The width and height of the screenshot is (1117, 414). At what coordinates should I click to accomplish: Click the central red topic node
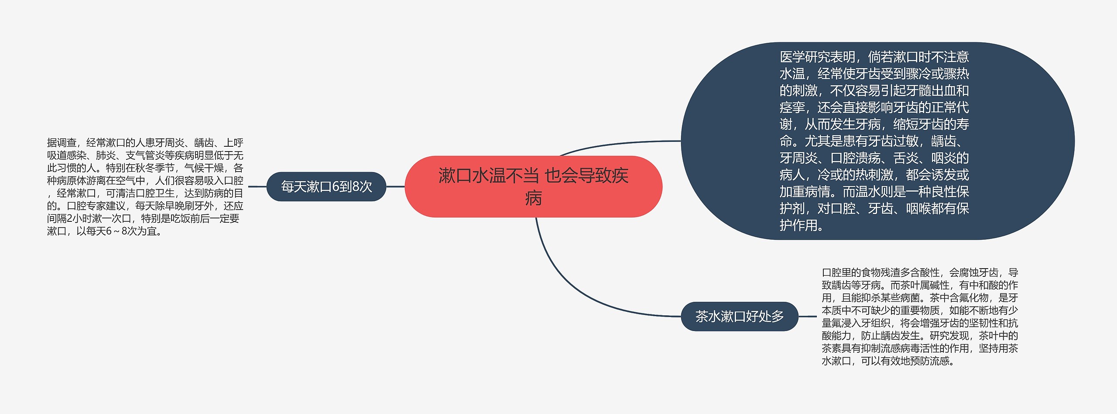click(x=533, y=186)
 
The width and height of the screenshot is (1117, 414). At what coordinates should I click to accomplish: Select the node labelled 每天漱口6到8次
click(x=326, y=186)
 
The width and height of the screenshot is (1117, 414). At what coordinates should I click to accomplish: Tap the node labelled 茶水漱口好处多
click(x=739, y=316)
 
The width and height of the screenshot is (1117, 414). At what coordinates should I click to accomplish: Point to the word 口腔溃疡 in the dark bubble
click(x=855, y=158)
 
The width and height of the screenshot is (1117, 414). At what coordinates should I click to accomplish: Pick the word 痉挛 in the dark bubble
click(x=792, y=107)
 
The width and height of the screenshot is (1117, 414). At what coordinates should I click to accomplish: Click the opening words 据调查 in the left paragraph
click(x=62, y=143)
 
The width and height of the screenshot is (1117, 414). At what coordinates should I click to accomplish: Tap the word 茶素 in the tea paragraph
click(x=832, y=348)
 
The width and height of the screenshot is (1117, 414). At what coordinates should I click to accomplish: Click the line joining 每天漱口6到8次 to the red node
click(x=395, y=186)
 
